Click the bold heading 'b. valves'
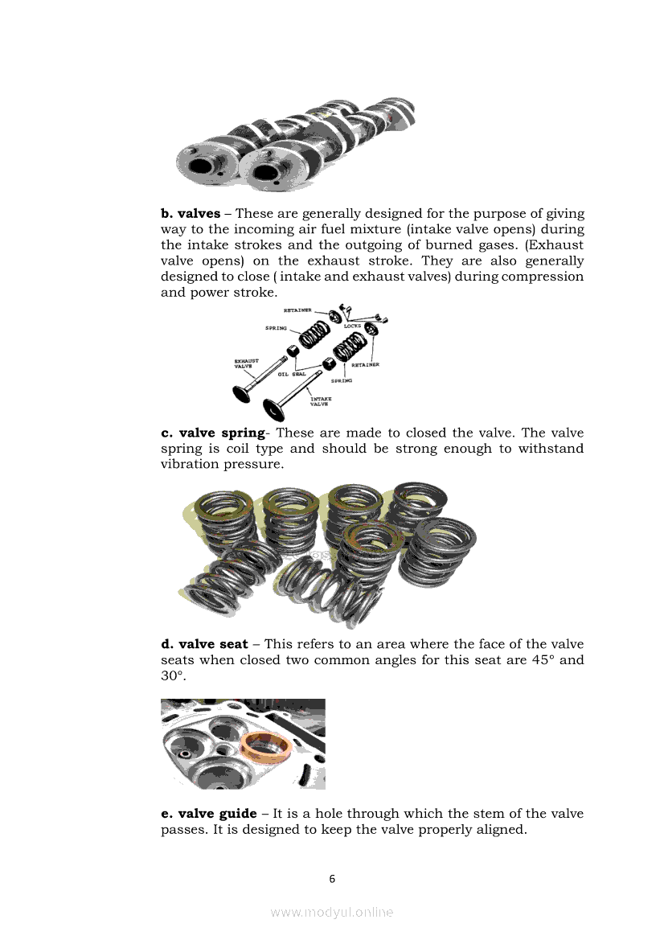tap(191, 214)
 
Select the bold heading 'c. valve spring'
tap(212, 433)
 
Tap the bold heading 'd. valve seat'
tap(204, 644)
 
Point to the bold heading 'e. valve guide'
tap(209, 814)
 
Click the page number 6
tap(332, 878)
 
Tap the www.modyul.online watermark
tap(332, 912)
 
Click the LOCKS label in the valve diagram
tap(355, 326)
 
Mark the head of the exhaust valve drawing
tap(240, 394)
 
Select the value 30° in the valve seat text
tap(173, 676)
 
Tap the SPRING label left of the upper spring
tap(277, 328)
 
